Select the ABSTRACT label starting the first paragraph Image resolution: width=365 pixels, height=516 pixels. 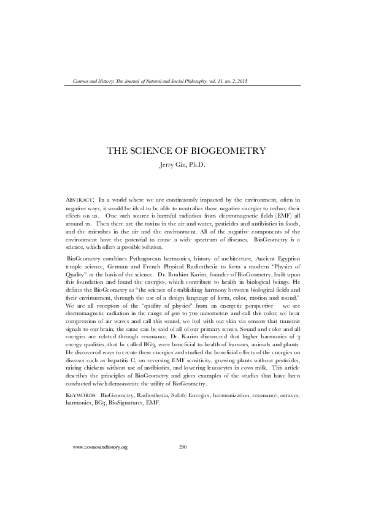79,200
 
